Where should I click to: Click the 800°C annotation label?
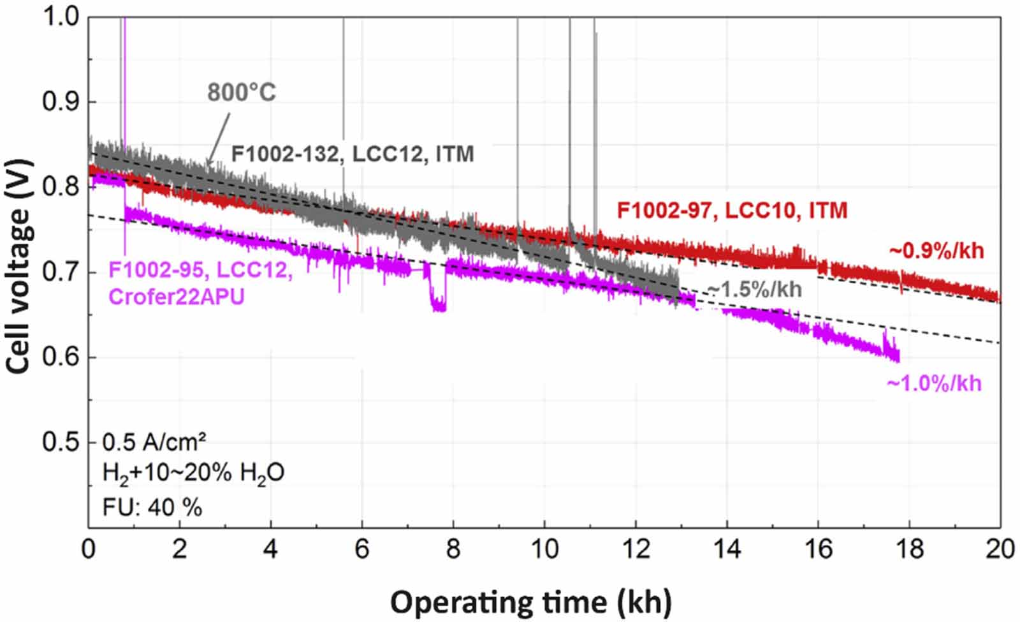[242, 93]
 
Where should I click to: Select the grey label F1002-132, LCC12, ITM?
[353, 154]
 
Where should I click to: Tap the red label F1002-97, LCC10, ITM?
[732, 210]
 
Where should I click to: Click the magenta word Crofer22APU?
[177, 297]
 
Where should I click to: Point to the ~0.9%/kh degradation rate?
[936, 250]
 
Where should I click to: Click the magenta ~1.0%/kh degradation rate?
[934, 383]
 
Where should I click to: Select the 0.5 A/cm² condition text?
[154, 442]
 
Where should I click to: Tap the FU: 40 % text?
[152, 507]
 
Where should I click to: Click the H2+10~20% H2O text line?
[193, 474]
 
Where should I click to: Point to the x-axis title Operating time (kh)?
[530, 602]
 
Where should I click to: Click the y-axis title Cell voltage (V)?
[18, 271]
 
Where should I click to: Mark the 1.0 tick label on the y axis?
[61, 17]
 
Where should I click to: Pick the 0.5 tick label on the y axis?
[61, 442]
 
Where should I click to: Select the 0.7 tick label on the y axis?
[61, 272]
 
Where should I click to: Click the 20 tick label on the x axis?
[999, 549]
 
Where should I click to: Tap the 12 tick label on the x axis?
[635, 549]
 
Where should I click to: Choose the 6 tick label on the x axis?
[361, 549]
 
